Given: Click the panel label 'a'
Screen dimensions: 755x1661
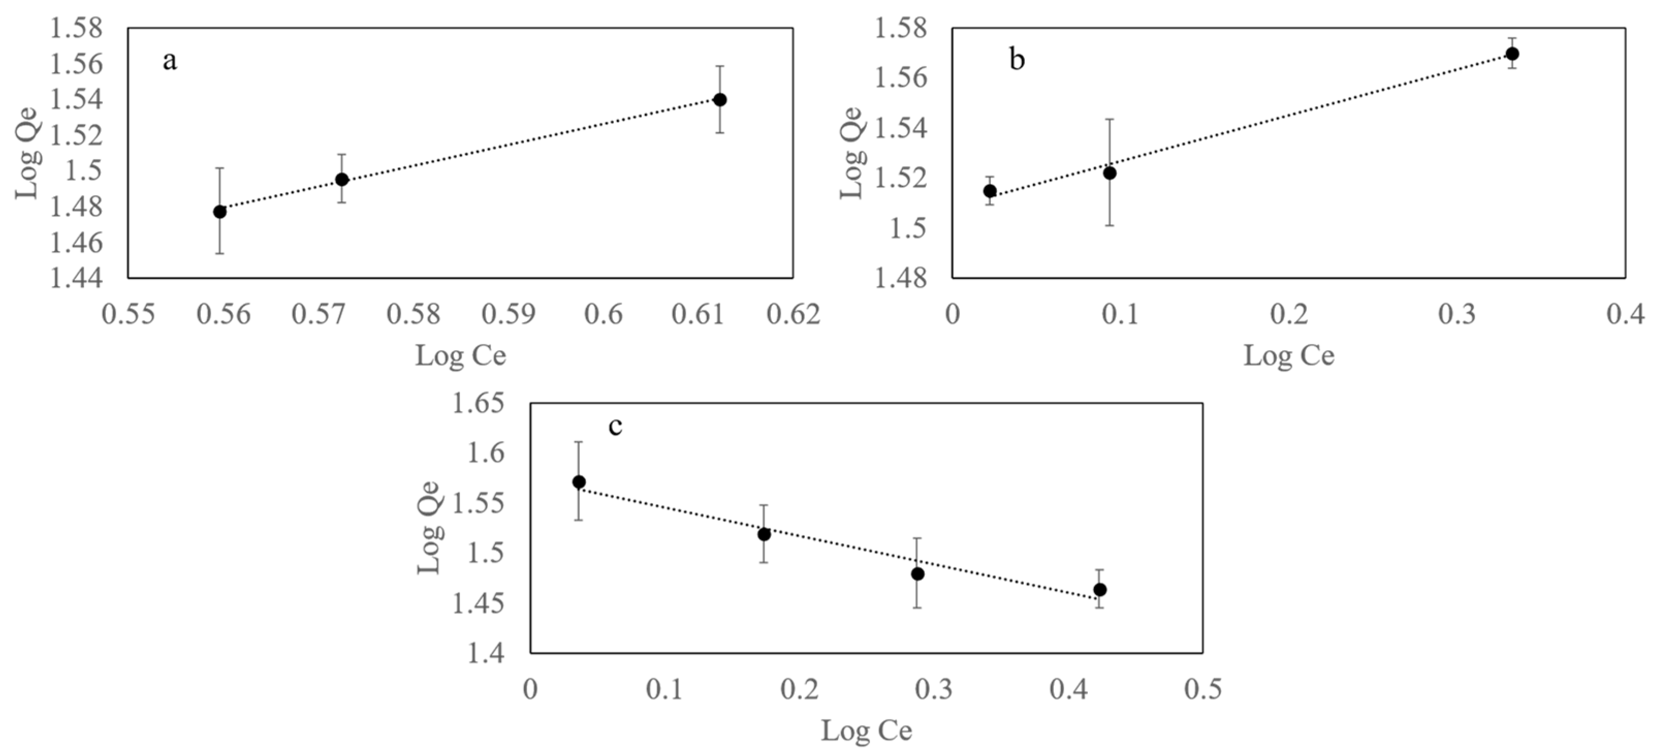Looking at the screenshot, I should (x=169, y=62).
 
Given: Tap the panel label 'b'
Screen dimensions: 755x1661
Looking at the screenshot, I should (x=1017, y=60).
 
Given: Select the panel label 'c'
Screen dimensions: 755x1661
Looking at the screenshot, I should (x=616, y=426).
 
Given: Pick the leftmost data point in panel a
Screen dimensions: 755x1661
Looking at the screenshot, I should (x=220, y=212).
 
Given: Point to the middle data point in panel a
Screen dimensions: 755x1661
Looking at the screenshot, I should (x=342, y=179).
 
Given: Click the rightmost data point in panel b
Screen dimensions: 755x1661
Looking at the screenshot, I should (x=1512, y=54).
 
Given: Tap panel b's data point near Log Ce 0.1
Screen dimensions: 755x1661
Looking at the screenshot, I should (x=1110, y=173).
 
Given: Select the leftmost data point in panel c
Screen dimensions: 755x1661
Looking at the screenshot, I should (x=579, y=482).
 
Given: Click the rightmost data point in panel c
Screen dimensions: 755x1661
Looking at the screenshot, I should (x=1100, y=589).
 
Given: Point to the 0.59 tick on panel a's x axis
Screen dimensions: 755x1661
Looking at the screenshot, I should (x=509, y=314).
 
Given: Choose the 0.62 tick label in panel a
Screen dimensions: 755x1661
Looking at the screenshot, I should (x=793, y=314).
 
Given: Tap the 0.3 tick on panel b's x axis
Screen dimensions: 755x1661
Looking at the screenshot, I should (x=1457, y=314).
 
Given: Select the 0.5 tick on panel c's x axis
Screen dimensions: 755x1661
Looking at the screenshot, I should (x=1203, y=689).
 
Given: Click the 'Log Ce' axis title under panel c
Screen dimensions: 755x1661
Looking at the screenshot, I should (x=866, y=731).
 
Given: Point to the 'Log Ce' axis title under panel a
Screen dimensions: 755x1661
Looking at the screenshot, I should (x=461, y=355).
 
